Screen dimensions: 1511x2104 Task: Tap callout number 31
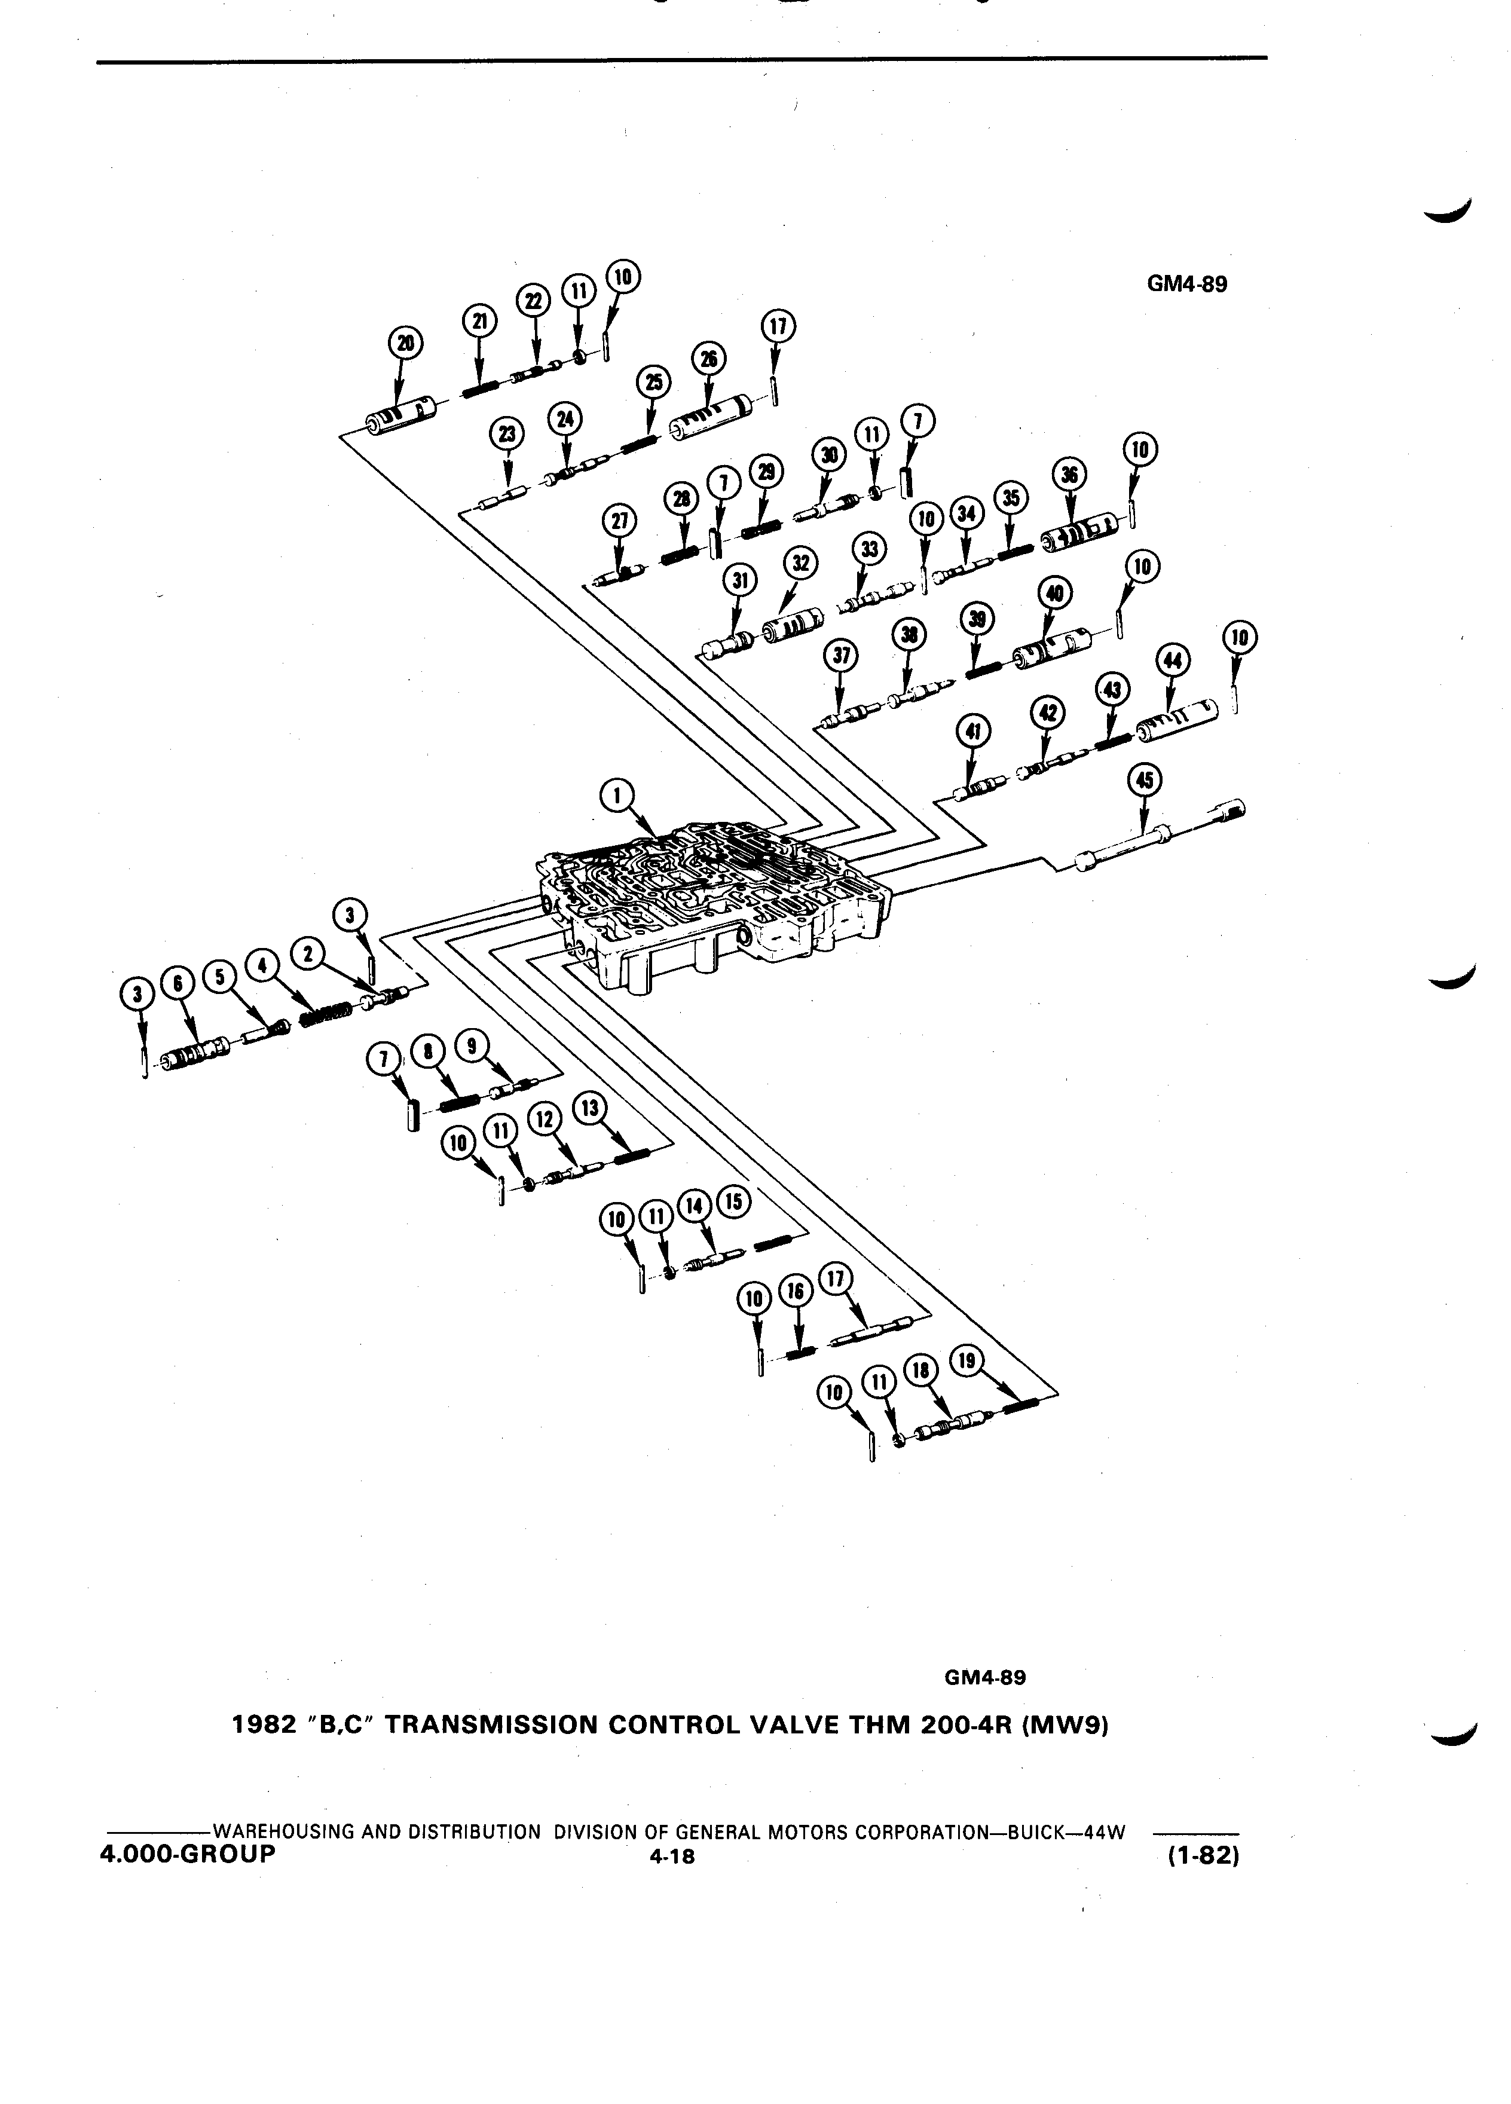740,582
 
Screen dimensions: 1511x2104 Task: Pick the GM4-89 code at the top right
1186,284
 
